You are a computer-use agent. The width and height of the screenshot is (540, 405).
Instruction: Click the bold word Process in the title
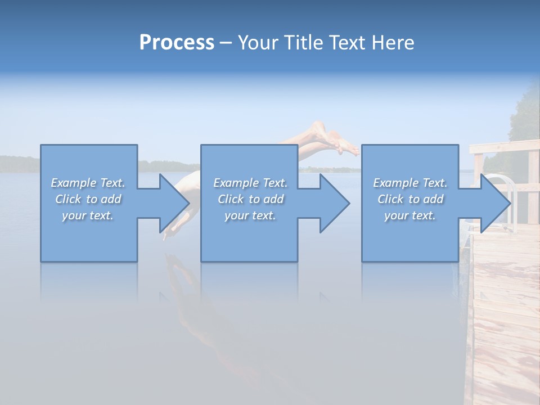click(177, 43)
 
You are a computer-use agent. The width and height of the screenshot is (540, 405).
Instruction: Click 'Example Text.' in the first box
click(88, 183)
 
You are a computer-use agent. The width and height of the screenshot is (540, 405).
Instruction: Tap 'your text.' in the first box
click(88, 215)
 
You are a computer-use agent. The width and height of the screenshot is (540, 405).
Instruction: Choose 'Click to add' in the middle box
click(250, 199)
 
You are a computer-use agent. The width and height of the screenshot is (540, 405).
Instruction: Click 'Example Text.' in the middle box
click(250, 183)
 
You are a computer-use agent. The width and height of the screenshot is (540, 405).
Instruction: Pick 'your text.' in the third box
click(410, 215)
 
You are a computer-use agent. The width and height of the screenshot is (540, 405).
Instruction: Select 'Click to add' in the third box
click(410, 199)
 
